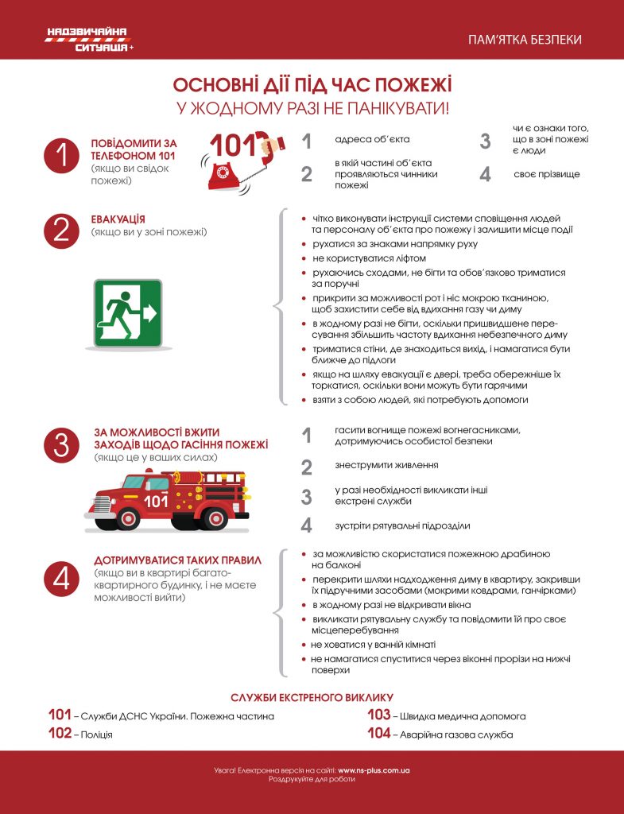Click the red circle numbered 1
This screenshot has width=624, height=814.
pyautogui.click(x=62, y=155)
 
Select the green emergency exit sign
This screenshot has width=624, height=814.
pyautogui.click(x=127, y=313)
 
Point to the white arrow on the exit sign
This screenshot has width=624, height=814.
pyautogui.click(x=149, y=313)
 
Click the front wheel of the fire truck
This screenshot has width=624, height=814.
pyautogui.click(x=127, y=518)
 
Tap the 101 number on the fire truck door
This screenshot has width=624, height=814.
pyautogui.click(x=156, y=501)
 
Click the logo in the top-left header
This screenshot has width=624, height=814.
pyautogui.click(x=88, y=39)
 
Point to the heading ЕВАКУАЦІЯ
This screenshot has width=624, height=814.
pyautogui.click(x=118, y=219)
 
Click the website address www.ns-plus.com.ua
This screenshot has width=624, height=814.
pyautogui.click(x=374, y=770)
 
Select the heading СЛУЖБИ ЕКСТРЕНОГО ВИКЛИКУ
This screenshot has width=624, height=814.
pyautogui.click(x=312, y=697)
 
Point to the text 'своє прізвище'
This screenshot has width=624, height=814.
pyautogui.click(x=546, y=174)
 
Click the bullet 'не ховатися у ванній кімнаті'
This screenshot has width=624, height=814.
pyautogui.click(x=373, y=645)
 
